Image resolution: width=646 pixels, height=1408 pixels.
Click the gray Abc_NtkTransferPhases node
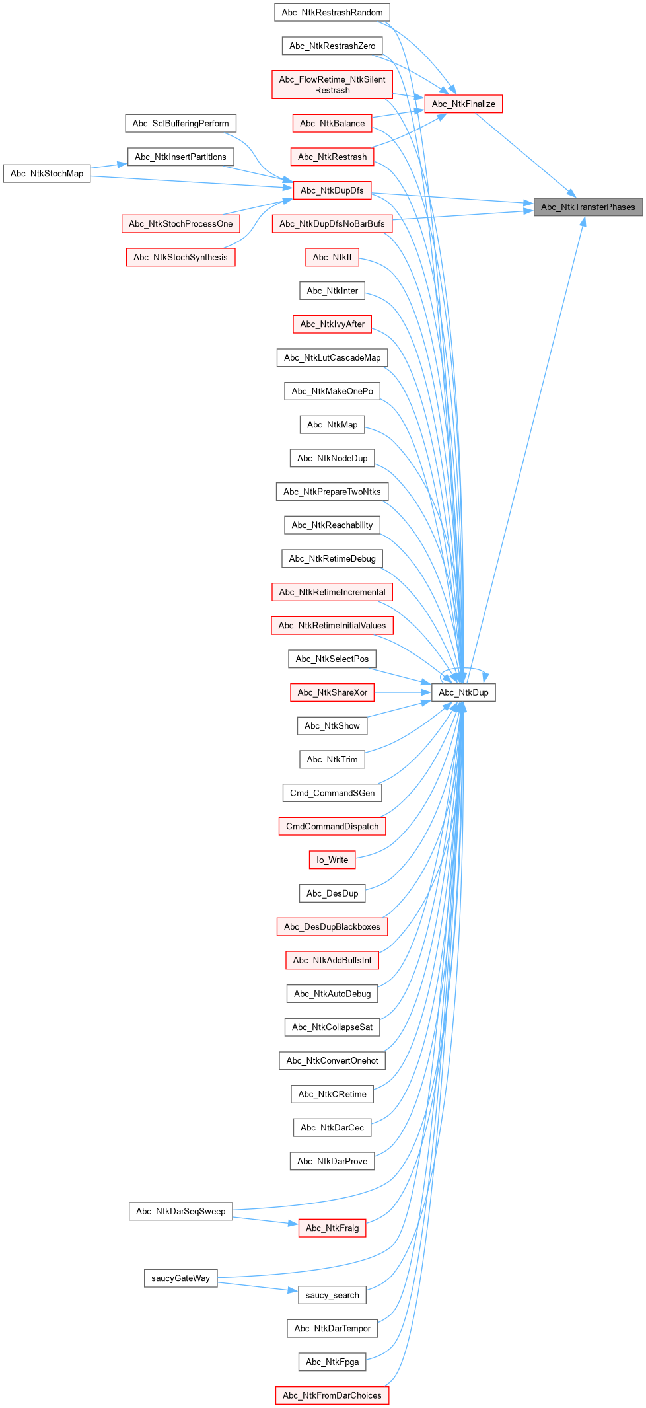[x=588, y=207]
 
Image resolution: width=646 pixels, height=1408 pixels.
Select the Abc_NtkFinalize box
[x=463, y=104]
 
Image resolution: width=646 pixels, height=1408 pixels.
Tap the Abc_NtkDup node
[x=464, y=692]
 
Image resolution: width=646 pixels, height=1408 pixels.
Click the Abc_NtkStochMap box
[x=47, y=174]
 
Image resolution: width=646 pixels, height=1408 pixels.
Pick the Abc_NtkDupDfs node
[x=332, y=190]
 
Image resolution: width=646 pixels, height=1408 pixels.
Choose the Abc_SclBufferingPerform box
[x=180, y=124]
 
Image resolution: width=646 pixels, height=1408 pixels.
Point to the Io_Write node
[x=332, y=860]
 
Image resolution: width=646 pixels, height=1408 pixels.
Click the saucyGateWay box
[x=180, y=1278]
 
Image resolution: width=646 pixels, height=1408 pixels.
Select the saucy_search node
[x=332, y=1295]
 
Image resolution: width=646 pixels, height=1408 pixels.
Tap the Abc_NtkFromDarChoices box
[x=332, y=1395]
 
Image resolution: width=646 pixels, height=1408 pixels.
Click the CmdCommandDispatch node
[x=332, y=827]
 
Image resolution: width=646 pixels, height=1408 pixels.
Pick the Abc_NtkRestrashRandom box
[x=332, y=13]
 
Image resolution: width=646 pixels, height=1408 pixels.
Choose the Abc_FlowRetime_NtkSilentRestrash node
[x=332, y=85]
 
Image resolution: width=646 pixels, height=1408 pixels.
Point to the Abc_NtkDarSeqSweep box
[x=180, y=1211]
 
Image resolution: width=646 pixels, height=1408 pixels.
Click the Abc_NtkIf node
[x=332, y=257]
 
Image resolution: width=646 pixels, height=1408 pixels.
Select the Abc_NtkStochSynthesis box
[x=180, y=257]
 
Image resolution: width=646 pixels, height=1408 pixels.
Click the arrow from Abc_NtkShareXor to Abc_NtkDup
[x=403, y=692]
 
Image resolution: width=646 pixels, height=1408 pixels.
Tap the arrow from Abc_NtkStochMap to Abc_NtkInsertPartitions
[x=109, y=165]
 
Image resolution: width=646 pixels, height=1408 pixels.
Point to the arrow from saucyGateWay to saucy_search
[x=258, y=1286]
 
